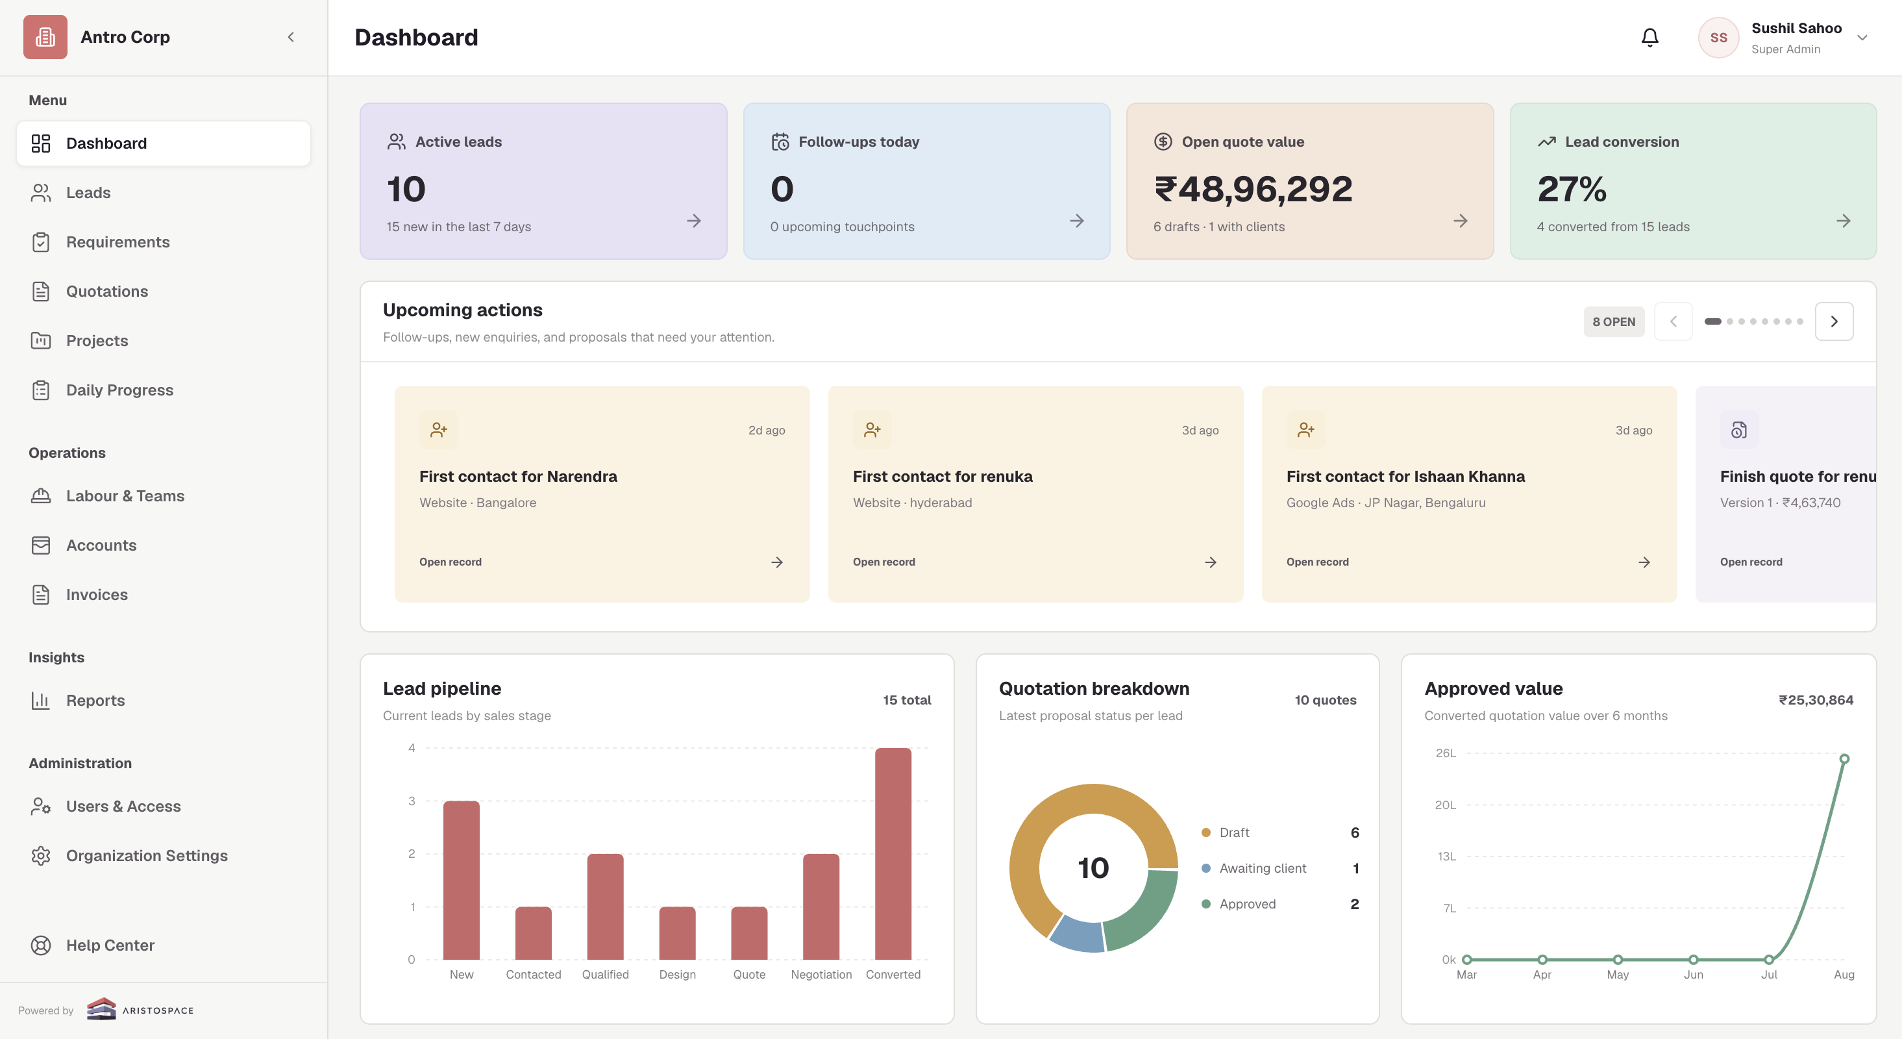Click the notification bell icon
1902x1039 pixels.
click(1649, 37)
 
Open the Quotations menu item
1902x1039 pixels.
click(107, 291)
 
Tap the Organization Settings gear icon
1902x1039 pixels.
click(41, 855)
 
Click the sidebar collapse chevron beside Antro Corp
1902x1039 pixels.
click(291, 37)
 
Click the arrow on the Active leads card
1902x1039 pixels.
click(693, 221)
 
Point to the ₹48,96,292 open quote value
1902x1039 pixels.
click(1253, 189)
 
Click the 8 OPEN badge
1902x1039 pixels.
click(1613, 322)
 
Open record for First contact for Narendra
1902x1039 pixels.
click(451, 562)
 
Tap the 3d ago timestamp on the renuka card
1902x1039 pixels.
click(1200, 430)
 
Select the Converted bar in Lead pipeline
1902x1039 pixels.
click(893, 854)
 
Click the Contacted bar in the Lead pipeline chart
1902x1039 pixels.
click(533, 933)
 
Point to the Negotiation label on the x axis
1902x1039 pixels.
click(821, 975)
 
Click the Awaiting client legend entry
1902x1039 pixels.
click(1263, 868)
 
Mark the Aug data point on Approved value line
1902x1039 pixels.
click(1844, 759)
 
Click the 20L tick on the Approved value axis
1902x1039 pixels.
click(1445, 805)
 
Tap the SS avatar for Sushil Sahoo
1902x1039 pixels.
click(1718, 38)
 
